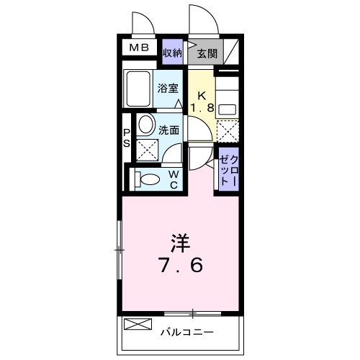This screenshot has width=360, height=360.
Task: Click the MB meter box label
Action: click(x=139, y=49)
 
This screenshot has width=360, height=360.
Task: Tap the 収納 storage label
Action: click(x=172, y=53)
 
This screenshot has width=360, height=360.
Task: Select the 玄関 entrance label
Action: click(x=207, y=53)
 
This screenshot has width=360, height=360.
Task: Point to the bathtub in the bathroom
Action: click(x=137, y=89)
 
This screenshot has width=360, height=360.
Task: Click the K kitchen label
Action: click(x=203, y=95)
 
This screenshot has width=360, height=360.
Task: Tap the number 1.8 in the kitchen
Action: click(x=203, y=109)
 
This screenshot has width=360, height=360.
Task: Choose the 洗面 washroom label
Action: click(x=170, y=132)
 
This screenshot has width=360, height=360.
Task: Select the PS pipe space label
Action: click(x=126, y=138)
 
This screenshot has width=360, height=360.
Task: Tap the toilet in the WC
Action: click(x=147, y=178)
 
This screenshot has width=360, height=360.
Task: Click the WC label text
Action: click(x=174, y=178)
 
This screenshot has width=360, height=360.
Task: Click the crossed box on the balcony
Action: click(x=134, y=323)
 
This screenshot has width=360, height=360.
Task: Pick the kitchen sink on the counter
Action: click(x=227, y=108)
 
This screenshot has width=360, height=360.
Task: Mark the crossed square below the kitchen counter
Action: click(x=227, y=132)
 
